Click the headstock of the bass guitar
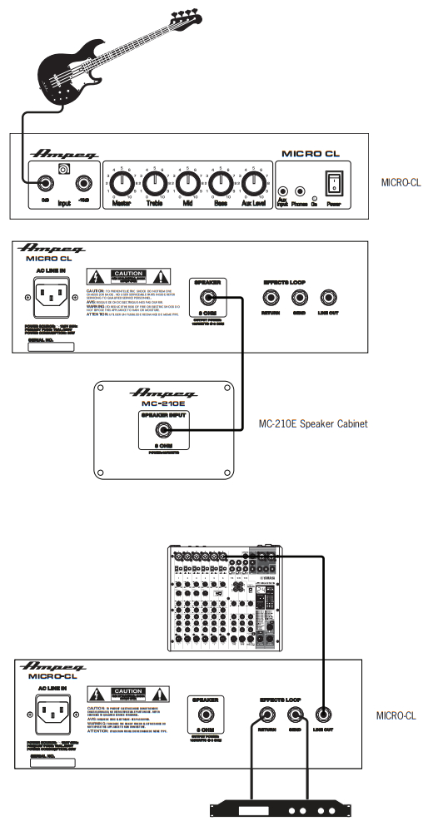tap(188, 14)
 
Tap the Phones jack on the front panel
tap(298, 190)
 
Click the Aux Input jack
tap(283, 190)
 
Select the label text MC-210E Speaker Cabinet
tap(313, 423)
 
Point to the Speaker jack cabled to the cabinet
tap(204, 297)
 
